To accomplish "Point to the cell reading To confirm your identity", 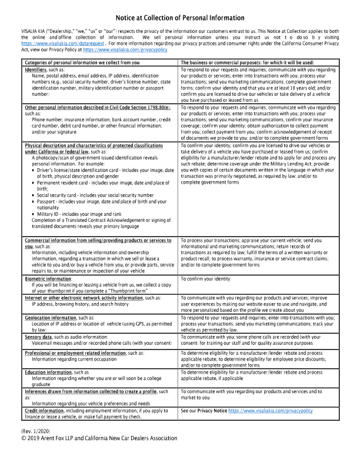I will point(206,279).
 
